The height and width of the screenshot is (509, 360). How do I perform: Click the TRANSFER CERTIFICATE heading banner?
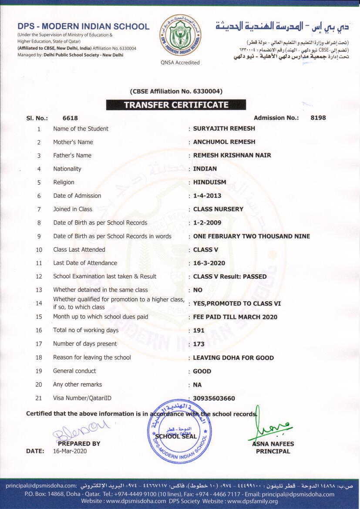click(x=176, y=104)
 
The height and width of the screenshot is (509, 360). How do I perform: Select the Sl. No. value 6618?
click(x=70, y=118)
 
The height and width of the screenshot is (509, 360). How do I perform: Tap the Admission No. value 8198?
click(x=318, y=118)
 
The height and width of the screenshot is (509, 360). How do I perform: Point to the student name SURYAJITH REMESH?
click(x=224, y=128)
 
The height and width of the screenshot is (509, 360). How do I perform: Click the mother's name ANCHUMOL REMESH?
click(x=224, y=142)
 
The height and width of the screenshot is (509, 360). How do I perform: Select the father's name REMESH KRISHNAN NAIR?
click(x=232, y=155)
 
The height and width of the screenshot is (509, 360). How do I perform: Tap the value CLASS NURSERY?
click(x=218, y=209)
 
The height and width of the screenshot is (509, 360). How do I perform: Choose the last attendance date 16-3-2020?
click(x=209, y=263)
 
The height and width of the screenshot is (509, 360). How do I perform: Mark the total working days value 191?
click(x=199, y=330)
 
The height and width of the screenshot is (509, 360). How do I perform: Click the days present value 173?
click(x=199, y=344)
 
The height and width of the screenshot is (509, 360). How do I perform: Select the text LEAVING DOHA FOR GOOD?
click(x=233, y=358)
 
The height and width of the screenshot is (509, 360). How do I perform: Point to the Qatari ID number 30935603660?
click(x=214, y=398)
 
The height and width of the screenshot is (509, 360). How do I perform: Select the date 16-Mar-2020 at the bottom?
click(x=70, y=451)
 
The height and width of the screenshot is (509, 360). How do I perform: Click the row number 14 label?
click(x=39, y=303)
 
